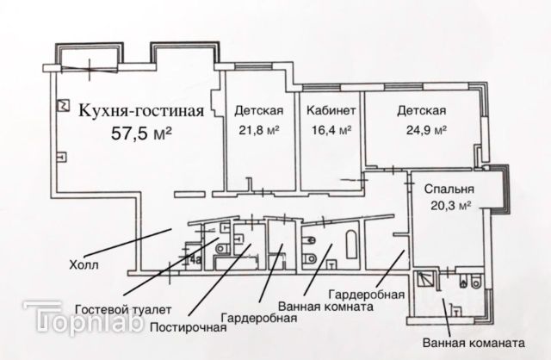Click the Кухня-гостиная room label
[141, 110]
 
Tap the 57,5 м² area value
[143, 133]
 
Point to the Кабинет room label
[327, 110]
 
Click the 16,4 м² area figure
[330, 131]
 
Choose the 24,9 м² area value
[422, 131]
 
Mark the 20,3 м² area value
[452, 206]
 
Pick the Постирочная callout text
[188, 327]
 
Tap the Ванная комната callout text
[325, 307]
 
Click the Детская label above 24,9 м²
[421, 110]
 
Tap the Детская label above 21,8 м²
[259, 110]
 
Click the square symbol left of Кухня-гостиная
[62, 105]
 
